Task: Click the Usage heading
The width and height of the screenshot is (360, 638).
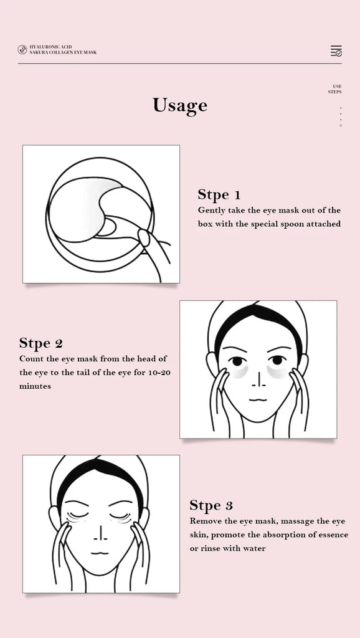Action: point(180,105)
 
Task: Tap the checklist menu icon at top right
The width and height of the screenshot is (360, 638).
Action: point(336,50)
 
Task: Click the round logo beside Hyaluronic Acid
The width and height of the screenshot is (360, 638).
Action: point(22,50)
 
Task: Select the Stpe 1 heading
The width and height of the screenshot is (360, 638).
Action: point(219,194)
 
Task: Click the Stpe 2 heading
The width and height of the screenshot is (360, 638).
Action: point(40,343)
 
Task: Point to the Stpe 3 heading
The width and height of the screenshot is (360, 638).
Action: point(211,505)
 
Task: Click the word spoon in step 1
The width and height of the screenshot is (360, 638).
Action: point(276,224)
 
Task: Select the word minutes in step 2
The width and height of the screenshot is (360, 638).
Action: point(35,386)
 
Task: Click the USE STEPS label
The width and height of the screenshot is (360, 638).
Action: point(335,89)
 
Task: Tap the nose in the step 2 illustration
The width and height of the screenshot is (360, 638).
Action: point(258,379)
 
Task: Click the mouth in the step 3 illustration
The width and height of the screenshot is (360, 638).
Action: point(100,553)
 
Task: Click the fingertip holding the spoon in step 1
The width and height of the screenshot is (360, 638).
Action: point(143,237)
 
